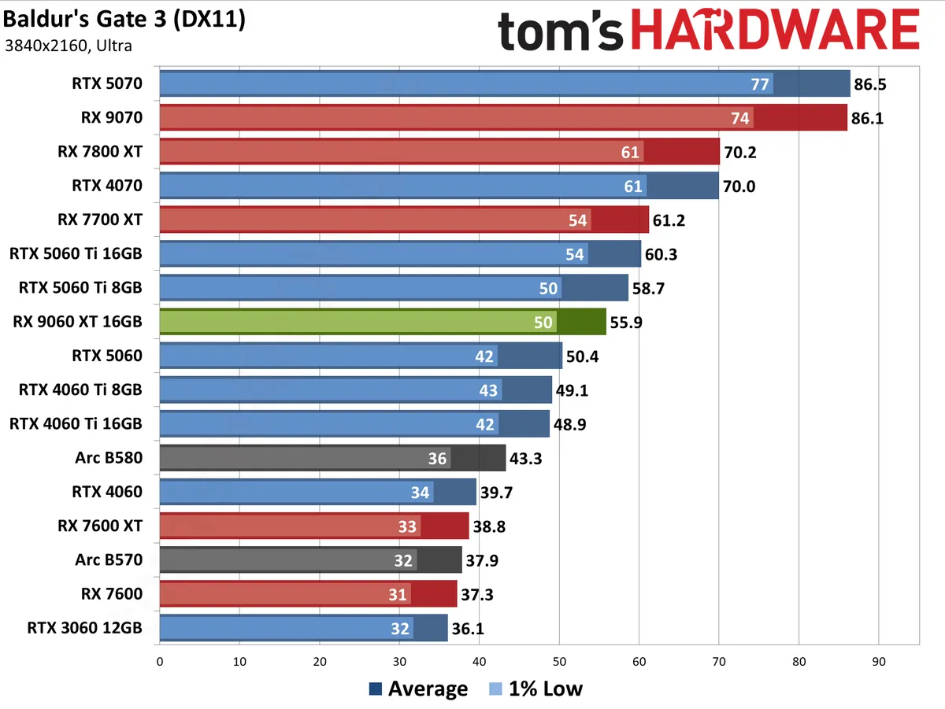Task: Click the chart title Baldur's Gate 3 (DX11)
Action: coord(124,20)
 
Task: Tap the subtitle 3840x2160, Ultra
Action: coord(68,46)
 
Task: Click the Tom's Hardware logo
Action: coord(708,32)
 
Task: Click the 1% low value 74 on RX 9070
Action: coord(739,118)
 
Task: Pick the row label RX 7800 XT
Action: coord(101,152)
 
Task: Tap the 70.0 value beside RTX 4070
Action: coord(740,186)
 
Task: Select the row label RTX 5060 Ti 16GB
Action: coord(76,253)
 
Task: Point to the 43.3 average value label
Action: coord(527,458)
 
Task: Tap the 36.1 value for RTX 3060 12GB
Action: coord(469,629)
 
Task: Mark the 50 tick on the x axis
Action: coord(559,662)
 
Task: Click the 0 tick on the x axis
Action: coord(160,662)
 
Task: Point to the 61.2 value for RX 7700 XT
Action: coord(670,220)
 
